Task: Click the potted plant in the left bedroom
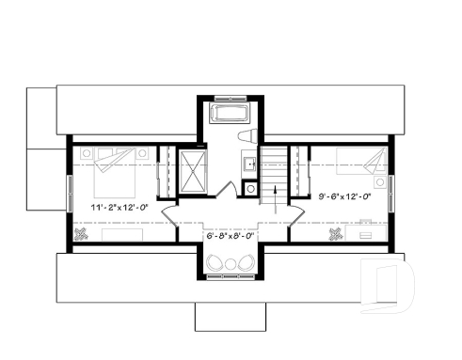83,233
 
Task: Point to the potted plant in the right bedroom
334,233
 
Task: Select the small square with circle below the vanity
249,188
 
